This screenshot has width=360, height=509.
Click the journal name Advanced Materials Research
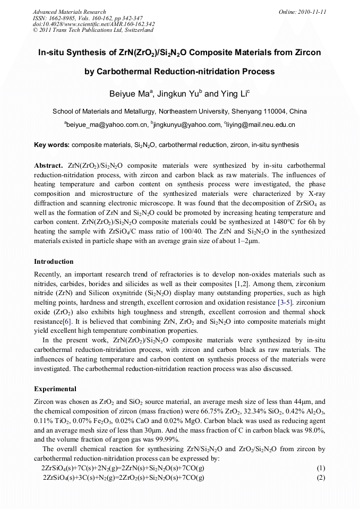point(69,12)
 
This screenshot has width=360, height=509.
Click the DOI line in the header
point(93,24)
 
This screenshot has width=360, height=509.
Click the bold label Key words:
point(52,145)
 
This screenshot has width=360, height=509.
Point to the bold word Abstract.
point(49,165)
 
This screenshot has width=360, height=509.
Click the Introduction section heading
point(54,262)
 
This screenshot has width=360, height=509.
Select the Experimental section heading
point(55,389)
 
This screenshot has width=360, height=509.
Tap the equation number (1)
point(321,468)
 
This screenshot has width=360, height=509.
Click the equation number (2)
point(321,477)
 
